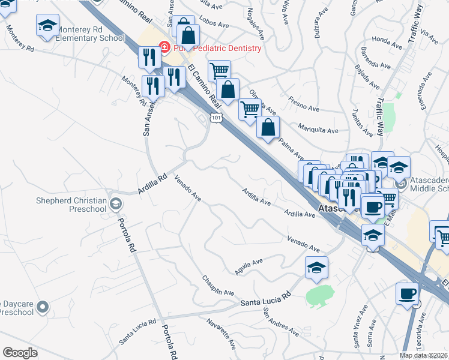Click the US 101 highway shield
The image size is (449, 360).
pos(216,118)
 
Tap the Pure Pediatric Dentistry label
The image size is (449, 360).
pos(218,48)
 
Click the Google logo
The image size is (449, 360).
pos(20,353)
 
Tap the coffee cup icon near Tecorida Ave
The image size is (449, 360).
pos(408,294)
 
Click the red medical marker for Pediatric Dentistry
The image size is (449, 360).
pos(163,47)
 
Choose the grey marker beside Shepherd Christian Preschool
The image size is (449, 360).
pos(115,205)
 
